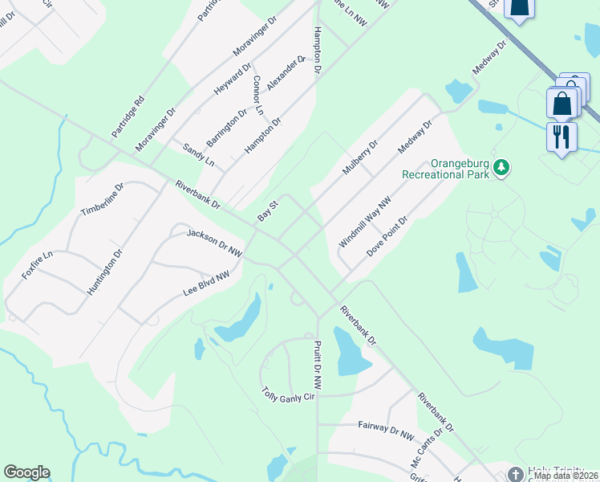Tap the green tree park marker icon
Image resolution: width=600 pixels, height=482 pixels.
point(502,167)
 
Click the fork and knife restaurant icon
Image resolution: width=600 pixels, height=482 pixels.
point(562,136)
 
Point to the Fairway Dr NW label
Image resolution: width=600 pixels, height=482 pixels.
point(386,430)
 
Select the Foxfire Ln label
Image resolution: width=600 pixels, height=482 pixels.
point(37,264)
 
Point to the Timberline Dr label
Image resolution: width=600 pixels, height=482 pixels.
point(102,201)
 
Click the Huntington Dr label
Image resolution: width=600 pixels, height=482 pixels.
point(105,272)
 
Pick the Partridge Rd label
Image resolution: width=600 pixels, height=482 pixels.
point(128,115)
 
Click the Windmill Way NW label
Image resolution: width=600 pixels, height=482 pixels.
point(364,221)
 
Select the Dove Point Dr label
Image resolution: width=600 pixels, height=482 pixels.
point(388,235)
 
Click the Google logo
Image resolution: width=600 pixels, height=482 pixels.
point(26,472)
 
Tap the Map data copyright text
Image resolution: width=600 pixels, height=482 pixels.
point(566,476)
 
